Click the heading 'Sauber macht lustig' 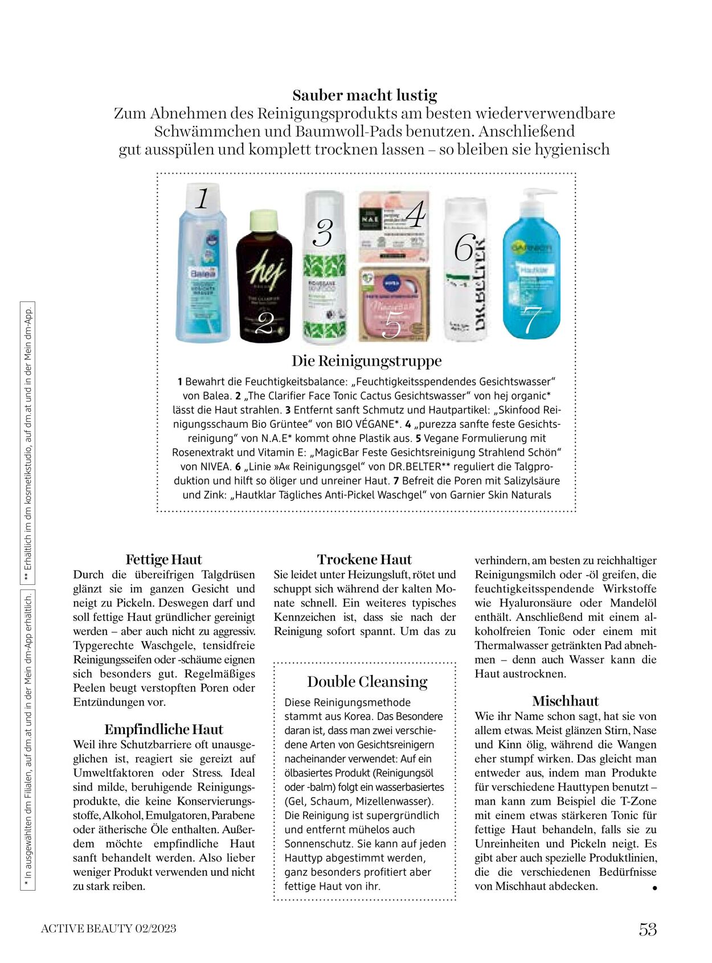point(365,95)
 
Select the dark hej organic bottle point(264,279)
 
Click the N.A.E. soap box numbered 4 point(393,226)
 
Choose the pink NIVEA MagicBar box point(393,305)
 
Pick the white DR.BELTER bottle point(466,273)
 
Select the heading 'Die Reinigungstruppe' point(367,361)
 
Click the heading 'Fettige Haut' point(163,559)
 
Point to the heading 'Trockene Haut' point(364,559)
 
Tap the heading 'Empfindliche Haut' point(163,730)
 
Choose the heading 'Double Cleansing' point(367,682)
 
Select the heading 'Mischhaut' point(566,701)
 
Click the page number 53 point(648,929)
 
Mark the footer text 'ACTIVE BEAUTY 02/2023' point(109,929)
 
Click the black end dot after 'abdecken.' point(654,888)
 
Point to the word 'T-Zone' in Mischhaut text point(638,801)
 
